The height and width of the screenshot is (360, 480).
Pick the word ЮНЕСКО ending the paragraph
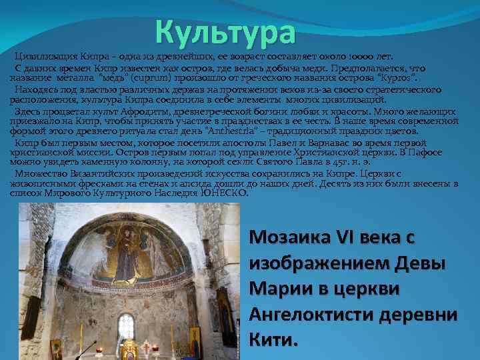coord(224,193)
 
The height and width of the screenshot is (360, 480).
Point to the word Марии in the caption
coord(274,290)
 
